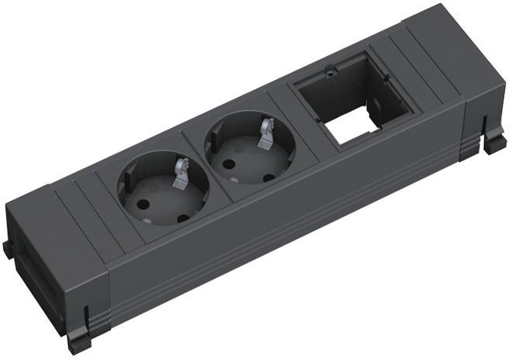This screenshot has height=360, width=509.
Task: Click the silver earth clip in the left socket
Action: click(180, 171)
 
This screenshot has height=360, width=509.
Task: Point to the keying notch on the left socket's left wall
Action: click(124, 185)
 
